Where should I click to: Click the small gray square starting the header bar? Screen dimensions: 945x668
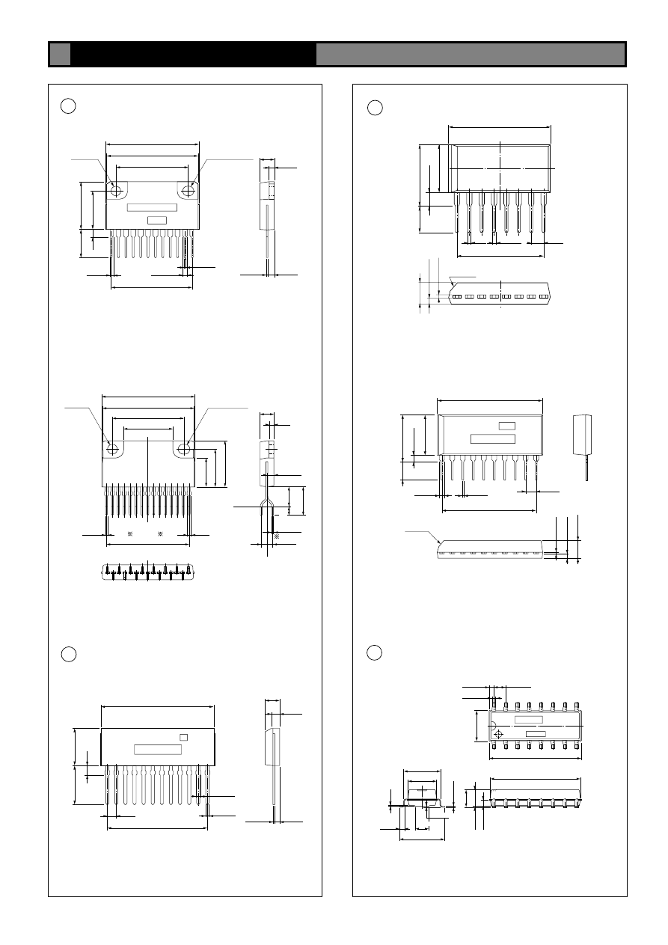[x=61, y=54]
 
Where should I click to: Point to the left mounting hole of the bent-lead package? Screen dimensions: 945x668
[x=114, y=449]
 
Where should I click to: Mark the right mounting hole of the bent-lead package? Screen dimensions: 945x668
[x=183, y=449]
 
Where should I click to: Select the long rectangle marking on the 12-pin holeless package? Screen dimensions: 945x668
[x=158, y=750]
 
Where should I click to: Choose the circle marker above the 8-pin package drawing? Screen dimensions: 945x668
[x=375, y=108]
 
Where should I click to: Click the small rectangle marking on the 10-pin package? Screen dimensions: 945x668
[x=507, y=426]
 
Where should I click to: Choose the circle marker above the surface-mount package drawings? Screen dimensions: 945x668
[x=375, y=653]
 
